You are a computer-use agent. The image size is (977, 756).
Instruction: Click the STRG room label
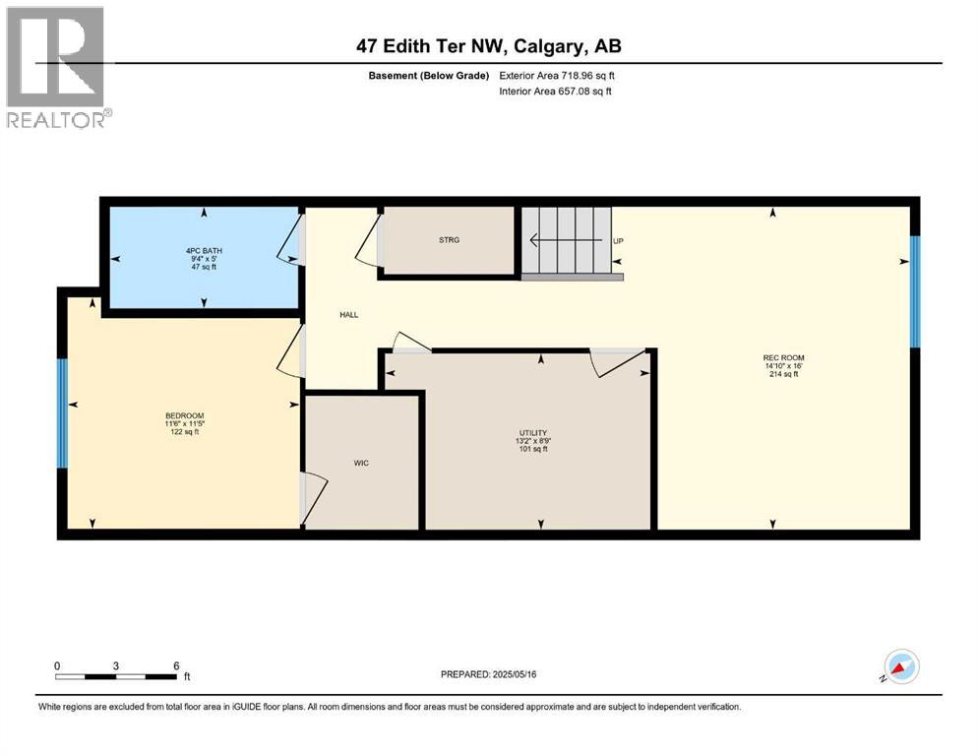click(x=449, y=240)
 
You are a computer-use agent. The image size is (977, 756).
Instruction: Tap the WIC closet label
click(x=361, y=463)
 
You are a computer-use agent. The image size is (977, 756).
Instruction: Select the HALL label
click(x=349, y=315)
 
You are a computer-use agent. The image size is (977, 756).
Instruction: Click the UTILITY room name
click(x=534, y=433)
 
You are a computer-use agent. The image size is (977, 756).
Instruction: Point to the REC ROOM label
click(x=776, y=357)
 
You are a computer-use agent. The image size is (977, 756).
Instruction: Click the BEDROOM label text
click(x=185, y=415)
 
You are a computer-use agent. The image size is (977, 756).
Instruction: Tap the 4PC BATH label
click(x=204, y=251)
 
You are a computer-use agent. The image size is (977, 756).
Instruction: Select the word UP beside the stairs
click(x=618, y=241)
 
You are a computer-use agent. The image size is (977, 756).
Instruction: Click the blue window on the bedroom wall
click(x=62, y=412)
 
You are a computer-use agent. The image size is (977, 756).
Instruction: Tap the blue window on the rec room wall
click(x=914, y=291)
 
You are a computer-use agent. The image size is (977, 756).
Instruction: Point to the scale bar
click(x=116, y=676)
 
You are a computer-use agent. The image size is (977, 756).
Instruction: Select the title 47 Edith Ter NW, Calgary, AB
click(x=488, y=46)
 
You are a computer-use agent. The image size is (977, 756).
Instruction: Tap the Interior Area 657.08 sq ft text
click(x=556, y=92)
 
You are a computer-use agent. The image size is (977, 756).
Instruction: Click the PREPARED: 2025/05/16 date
click(x=490, y=674)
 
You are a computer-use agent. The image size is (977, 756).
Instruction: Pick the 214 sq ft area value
click(x=776, y=375)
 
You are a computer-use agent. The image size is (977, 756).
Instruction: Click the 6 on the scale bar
click(x=175, y=665)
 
